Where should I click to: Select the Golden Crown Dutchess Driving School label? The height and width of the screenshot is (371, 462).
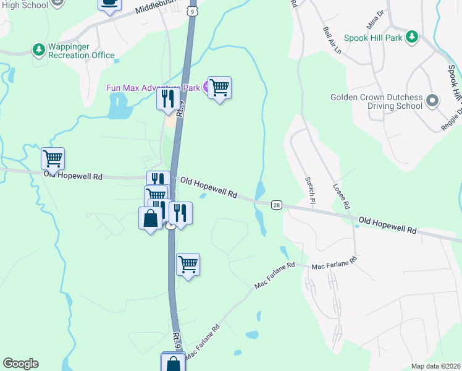(376, 101)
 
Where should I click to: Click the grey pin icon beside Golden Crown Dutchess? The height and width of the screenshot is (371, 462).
(433, 100)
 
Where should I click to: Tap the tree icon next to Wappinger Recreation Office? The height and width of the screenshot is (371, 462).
(38, 48)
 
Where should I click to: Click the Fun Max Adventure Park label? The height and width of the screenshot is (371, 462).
(153, 88)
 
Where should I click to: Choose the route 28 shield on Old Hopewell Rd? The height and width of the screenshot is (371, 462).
(276, 205)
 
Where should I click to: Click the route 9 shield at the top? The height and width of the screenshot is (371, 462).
(193, 11)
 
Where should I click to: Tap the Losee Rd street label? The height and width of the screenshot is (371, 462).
(342, 195)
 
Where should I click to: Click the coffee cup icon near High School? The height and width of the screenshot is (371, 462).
(109, 3)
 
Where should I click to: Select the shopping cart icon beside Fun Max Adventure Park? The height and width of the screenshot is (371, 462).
(219, 88)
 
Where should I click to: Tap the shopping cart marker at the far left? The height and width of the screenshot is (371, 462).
(53, 159)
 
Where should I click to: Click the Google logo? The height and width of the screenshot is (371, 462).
(20, 364)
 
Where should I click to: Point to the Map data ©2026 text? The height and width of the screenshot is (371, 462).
(435, 366)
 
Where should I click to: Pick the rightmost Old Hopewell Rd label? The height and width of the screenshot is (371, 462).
(387, 224)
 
